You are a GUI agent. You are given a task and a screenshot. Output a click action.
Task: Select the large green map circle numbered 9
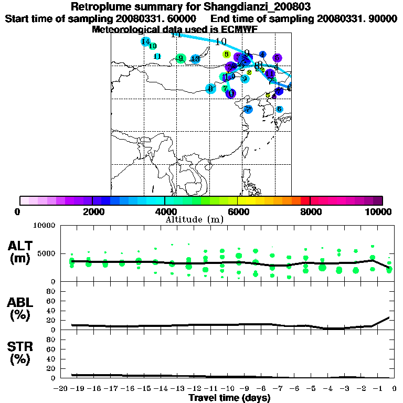coord(181,58)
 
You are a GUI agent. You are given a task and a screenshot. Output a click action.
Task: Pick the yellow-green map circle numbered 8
coord(226,54)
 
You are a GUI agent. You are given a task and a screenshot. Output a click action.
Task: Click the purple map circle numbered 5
coord(278,58)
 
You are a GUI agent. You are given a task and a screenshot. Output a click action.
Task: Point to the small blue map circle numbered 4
coord(263,55)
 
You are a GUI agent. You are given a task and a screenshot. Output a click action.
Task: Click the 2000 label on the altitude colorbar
coord(92,212)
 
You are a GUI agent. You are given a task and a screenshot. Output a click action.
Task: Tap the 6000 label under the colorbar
coord(238,212)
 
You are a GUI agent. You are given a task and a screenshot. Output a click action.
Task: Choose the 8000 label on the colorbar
coord(310,212)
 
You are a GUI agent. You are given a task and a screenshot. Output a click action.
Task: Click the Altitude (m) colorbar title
coord(194,219)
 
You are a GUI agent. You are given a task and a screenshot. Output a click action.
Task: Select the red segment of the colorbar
coord(305,200)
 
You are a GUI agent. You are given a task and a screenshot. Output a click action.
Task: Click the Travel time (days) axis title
coord(229,398)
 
